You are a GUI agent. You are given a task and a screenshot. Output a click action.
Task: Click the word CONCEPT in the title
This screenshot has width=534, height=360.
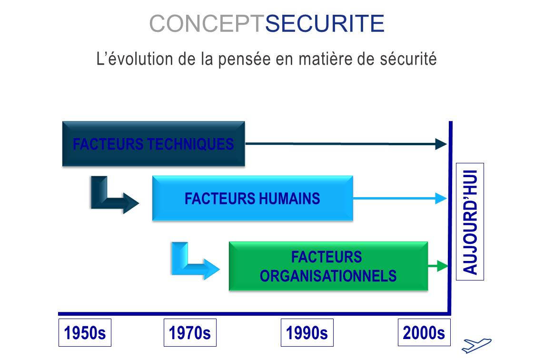pos(207,23)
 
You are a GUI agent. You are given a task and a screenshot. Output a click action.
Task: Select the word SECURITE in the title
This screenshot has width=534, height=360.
pos(325,23)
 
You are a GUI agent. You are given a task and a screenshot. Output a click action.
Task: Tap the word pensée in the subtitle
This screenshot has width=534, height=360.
pos(244,59)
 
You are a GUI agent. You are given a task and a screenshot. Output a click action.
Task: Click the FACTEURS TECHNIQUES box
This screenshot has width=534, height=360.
pos(154,144)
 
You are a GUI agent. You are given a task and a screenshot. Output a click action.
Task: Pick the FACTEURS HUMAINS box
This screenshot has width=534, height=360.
pos(252,198)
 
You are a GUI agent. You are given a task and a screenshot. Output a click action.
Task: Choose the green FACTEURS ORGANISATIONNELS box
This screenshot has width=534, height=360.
pos(328,266)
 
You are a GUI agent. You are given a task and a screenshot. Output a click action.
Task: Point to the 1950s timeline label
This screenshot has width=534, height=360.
pos(85,333)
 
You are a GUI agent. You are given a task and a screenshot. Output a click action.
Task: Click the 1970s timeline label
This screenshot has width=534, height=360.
pos(190,333)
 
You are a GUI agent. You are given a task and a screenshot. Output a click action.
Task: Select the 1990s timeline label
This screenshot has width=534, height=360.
pos(307,333)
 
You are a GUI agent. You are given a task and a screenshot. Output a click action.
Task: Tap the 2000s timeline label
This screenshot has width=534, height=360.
pos(424,332)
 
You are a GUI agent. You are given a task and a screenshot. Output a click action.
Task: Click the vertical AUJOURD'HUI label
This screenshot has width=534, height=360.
pos(470,222)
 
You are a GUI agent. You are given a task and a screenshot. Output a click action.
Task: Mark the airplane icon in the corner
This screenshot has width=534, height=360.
pos(476,345)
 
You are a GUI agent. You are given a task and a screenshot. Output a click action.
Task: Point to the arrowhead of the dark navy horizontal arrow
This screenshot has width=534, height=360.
pos(441,144)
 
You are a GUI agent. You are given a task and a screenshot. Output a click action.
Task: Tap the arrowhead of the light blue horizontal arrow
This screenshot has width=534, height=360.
pos(441,198)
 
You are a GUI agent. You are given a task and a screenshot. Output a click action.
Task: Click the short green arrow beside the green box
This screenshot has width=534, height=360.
pos(438,266)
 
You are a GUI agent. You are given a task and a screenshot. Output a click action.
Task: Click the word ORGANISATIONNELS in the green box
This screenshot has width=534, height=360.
pos(328,276)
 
